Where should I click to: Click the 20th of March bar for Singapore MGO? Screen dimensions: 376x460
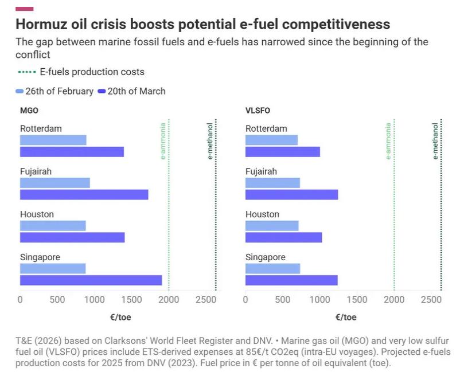coord(91,280)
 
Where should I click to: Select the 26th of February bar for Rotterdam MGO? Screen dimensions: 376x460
coord(53,140)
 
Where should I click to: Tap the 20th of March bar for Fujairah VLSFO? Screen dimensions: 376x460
coord(291,194)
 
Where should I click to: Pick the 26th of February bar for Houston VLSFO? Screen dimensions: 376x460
coord(272,226)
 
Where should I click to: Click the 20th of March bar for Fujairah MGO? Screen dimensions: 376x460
coord(84,194)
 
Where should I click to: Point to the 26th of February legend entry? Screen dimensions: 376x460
coord(54,91)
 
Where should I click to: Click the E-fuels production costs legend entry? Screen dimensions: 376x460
coord(81,72)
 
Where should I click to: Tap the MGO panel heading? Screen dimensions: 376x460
coord(29,111)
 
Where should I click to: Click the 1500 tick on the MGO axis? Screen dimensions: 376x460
coord(131,300)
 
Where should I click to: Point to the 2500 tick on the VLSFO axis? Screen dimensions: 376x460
coord(431,300)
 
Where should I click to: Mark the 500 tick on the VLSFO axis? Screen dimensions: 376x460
coord(282,300)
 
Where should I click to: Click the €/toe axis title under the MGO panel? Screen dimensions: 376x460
coord(120,317)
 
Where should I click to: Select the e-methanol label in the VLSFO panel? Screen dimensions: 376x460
coord(435,140)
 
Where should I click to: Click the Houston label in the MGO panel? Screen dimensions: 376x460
coord(37,214)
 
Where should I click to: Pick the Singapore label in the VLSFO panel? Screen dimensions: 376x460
coord(265,257)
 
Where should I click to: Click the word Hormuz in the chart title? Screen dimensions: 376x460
coord(43,25)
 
